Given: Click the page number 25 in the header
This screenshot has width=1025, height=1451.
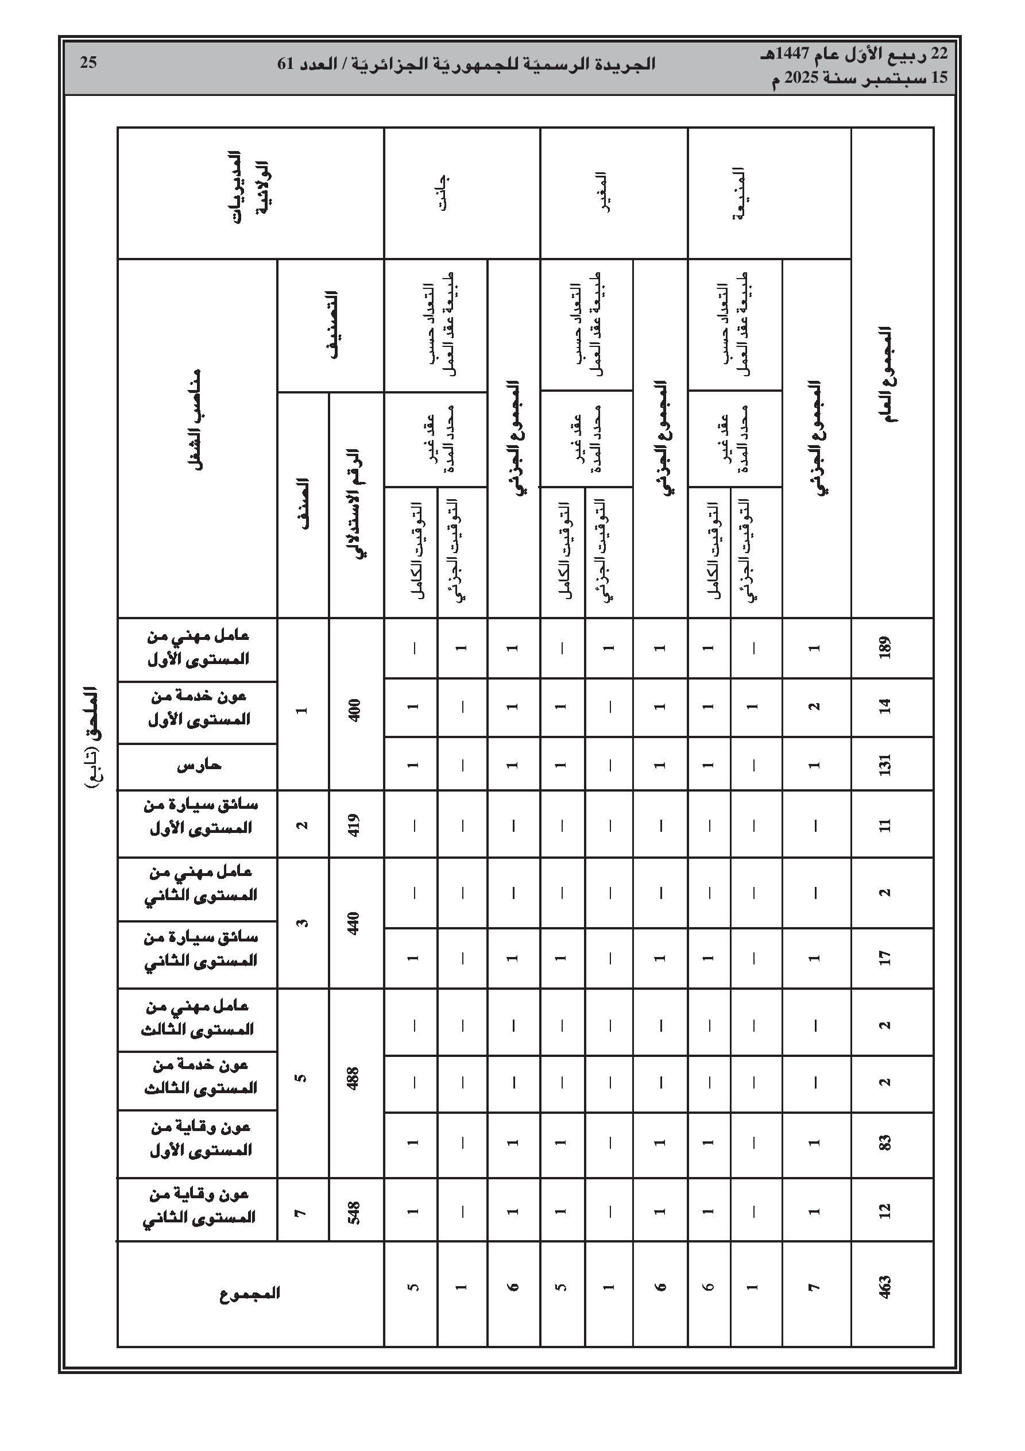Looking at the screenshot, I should (88, 63).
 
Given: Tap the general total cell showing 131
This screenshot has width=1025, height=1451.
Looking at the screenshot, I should (885, 765).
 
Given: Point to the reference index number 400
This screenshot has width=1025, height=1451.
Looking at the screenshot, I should (354, 708).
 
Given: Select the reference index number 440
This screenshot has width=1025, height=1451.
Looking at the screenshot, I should (354, 923).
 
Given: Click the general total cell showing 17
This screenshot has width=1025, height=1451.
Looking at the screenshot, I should (885, 958).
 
